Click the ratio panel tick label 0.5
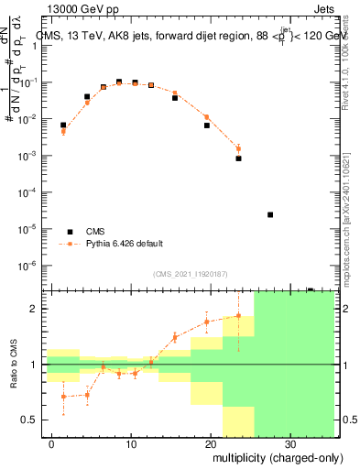tap(31, 420)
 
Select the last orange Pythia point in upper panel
tap(238, 148)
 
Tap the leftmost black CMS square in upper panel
tap(63, 125)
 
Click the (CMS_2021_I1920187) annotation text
tap(190, 274)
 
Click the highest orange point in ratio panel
tap(238, 316)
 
